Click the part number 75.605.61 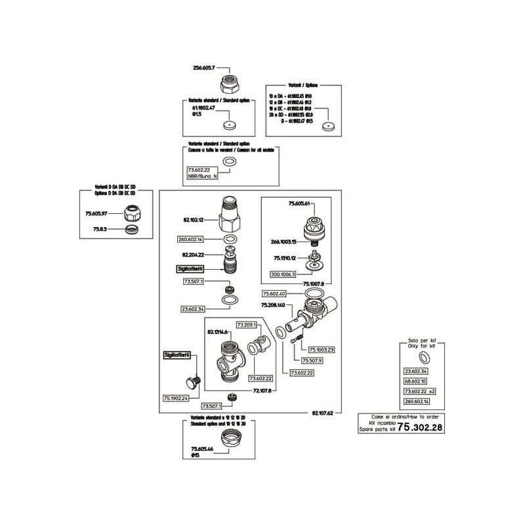pos(298,203)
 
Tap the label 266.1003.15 pos(284,241)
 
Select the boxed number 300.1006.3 pos(283,274)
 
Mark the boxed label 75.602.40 pos(274,293)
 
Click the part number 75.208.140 pos(273,305)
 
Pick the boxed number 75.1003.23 pos(322,349)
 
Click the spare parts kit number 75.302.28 pos(421,427)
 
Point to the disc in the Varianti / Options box pos(326,127)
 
